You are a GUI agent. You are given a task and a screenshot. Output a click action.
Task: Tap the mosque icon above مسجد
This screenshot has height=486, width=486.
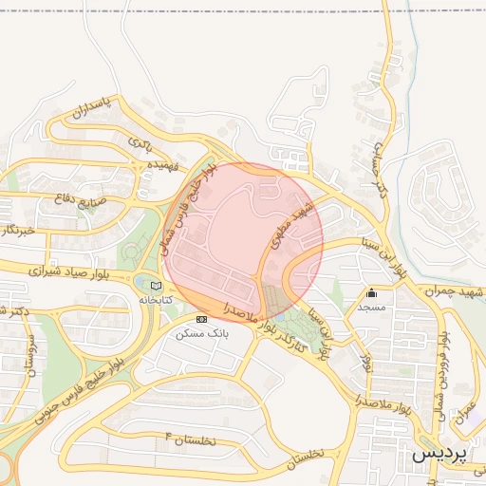(x=371, y=293)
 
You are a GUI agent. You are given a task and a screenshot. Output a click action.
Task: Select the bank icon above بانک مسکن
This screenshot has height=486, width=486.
(x=200, y=319)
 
